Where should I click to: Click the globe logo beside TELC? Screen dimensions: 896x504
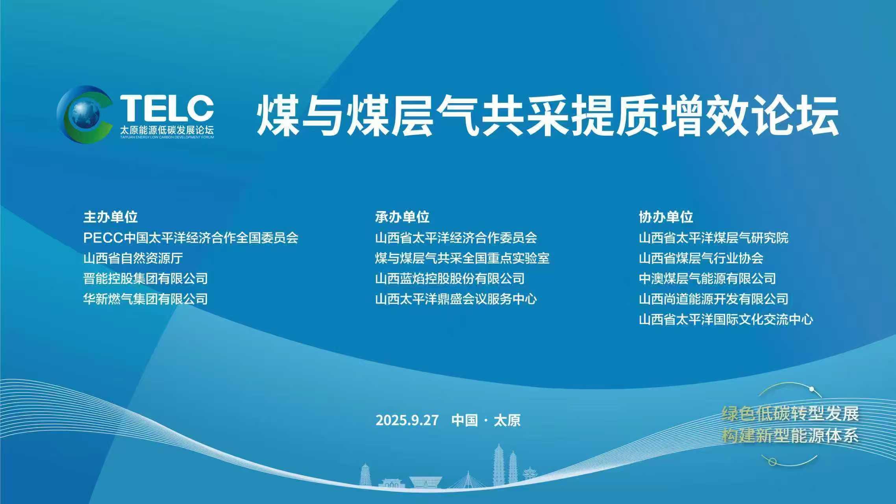pyautogui.click(x=84, y=114)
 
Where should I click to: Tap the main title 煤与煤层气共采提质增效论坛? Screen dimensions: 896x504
pyautogui.click(x=547, y=115)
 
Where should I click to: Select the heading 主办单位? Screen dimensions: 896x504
pyautogui.click(x=111, y=217)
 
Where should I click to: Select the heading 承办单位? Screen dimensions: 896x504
pyautogui.click(x=402, y=217)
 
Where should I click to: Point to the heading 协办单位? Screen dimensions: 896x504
pyautogui.click(x=666, y=217)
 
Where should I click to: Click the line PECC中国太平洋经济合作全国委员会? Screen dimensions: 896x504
pyautogui.click(x=191, y=238)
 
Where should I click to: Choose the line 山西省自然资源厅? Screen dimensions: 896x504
pyautogui.click(x=133, y=258)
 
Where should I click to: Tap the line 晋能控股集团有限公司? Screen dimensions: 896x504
pyautogui.click(x=146, y=279)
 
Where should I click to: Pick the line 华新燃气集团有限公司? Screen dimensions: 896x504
pyautogui.click(x=146, y=299)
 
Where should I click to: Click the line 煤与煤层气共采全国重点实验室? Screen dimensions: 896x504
pyautogui.click(x=462, y=258)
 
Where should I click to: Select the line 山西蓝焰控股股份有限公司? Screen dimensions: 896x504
pyautogui.click(x=450, y=279)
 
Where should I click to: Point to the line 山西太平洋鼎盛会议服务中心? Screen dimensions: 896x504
pyautogui.click(x=456, y=299)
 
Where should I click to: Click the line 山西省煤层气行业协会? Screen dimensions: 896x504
pyautogui.click(x=701, y=258)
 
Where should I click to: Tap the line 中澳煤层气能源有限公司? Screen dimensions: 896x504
pyautogui.click(x=707, y=279)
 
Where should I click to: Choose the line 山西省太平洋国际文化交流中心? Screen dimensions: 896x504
pyautogui.click(x=726, y=320)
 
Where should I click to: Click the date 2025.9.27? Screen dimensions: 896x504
pyautogui.click(x=407, y=420)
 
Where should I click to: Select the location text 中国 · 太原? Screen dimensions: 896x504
pyautogui.click(x=486, y=420)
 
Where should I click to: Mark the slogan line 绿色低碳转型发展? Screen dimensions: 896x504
pyautogui.click(x=790, y=414)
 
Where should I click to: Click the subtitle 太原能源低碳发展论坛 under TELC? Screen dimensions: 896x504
pyautogui.click(x=167, y=130)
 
